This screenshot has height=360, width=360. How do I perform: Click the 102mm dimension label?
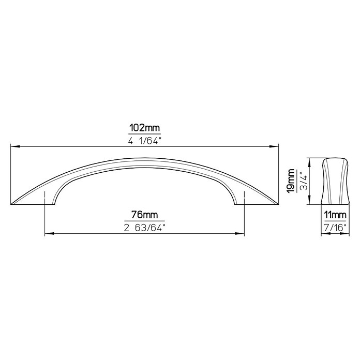click(144, 128)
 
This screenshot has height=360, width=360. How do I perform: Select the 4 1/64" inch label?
click(144, 141)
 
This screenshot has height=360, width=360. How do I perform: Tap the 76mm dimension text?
click(144, 215)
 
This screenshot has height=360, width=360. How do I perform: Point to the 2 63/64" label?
click(144, 228)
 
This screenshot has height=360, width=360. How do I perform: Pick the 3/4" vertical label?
click(304, 181)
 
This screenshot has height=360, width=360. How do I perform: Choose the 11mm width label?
click(335, 215)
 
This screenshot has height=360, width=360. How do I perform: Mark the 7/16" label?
click(335, 228)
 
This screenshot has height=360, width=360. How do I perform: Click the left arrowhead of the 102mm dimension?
click(14, 146)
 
